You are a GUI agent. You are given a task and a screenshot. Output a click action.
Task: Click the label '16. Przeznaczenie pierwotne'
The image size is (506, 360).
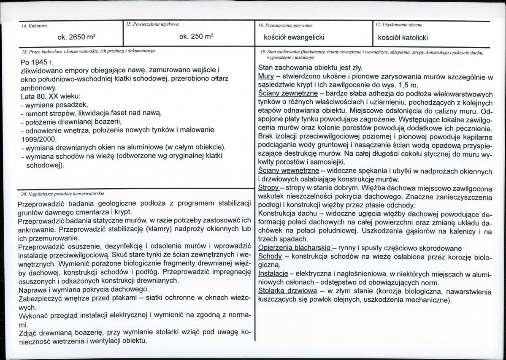tap(285, 26)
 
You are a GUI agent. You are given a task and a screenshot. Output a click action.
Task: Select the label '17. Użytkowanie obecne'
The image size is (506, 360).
tap(399, 24)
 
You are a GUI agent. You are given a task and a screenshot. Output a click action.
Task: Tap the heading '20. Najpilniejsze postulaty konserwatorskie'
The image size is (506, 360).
tap(62, 194)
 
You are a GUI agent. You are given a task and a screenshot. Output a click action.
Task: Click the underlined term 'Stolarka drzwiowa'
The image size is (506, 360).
tap(287, 292)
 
